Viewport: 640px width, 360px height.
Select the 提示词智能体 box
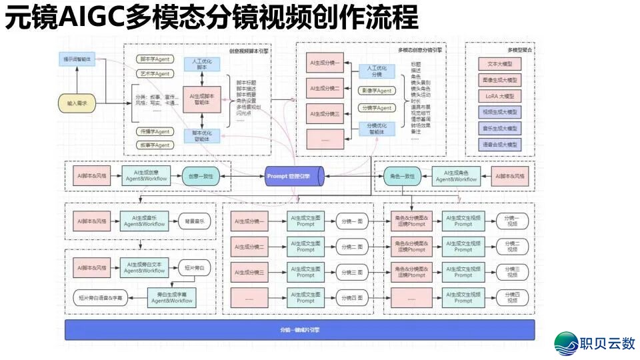(77, 59)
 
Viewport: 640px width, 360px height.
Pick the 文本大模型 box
(499, 64)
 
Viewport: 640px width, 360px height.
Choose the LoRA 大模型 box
(499, 96)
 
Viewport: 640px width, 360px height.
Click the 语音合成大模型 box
(499, 144)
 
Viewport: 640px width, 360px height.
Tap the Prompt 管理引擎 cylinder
(294, 176)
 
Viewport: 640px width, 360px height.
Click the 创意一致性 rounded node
(201, 176)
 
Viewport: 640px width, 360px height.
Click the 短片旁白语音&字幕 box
(101, 297)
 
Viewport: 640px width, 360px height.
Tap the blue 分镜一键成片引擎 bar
(299, 330)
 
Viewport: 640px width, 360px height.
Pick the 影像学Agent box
(377, 90)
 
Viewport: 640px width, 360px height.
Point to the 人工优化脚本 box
(202, 65)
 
